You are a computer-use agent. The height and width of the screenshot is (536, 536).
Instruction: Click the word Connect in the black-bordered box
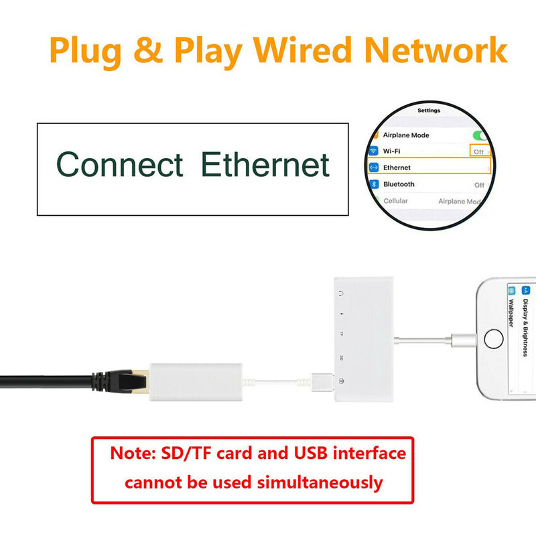tap(120, 165)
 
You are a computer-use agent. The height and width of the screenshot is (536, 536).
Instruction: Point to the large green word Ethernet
tap(265, 165)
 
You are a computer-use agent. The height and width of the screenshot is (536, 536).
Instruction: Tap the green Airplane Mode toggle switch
tap(480, 135)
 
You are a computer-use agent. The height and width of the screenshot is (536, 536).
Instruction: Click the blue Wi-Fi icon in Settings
tap(373, 151)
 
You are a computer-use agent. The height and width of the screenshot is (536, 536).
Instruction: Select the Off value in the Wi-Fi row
tap(479, 151)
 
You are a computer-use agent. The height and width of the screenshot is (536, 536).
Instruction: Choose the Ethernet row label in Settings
tap(397, 167)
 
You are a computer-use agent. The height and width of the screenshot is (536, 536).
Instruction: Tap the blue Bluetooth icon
tap(373, 184)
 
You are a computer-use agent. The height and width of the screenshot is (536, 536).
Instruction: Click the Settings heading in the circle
tap(429, 110)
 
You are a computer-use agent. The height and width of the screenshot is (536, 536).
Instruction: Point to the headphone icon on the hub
tap(342, 293)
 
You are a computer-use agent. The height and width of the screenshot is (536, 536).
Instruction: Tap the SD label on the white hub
tap(342, 358)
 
